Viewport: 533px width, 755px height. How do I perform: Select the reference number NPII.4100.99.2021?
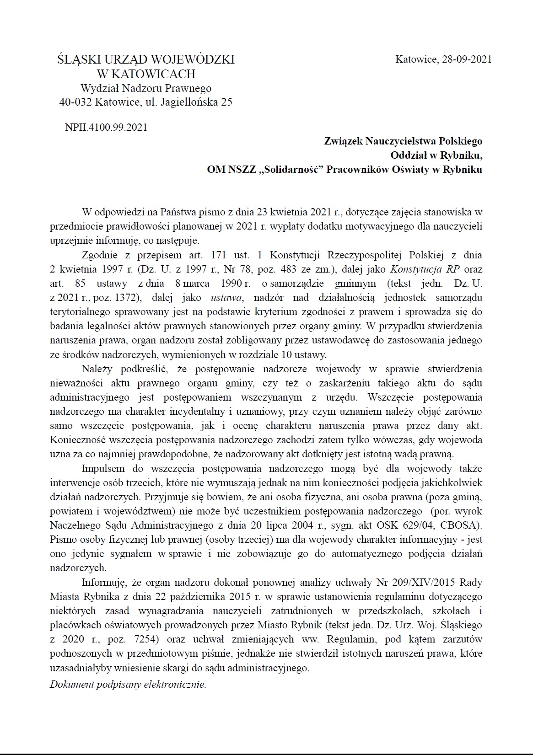(106, 127)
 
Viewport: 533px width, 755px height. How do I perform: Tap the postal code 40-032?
(76, 102)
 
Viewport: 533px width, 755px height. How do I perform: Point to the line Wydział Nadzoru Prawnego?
(146, 88)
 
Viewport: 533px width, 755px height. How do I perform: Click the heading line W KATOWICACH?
(146, 74)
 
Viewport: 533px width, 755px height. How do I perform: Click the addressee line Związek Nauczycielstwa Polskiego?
(403, 141)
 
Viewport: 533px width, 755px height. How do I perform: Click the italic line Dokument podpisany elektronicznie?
(128, 685)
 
